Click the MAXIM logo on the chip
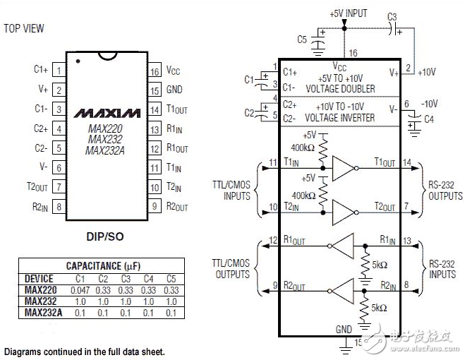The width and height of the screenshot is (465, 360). (107, 114)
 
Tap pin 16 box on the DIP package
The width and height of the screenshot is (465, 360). (155, 71)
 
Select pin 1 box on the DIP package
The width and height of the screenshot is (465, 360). (59, 70)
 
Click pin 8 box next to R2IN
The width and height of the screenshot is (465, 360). (59, 206)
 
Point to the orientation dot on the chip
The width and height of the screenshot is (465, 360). (78, 61)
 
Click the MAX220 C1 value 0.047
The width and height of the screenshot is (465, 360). (80, 290)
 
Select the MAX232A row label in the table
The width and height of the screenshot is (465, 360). (43, 313)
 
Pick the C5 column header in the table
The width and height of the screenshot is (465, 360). (171, 279)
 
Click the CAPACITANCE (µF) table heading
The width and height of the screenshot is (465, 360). (103, 266)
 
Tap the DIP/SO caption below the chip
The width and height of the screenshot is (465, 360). (105, 236)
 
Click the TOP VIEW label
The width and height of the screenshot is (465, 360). (24, 28)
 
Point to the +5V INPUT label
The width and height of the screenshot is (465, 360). (349, 13)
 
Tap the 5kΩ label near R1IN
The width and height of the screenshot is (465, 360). (380, 265)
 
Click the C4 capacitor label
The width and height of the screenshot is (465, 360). (429, 119)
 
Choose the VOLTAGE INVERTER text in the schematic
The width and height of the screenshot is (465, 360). (340, 118)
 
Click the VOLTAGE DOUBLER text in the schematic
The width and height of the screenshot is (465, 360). (340, 89)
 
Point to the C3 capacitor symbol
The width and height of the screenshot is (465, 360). (394, 29)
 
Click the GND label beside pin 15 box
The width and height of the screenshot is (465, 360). (174, 90)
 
